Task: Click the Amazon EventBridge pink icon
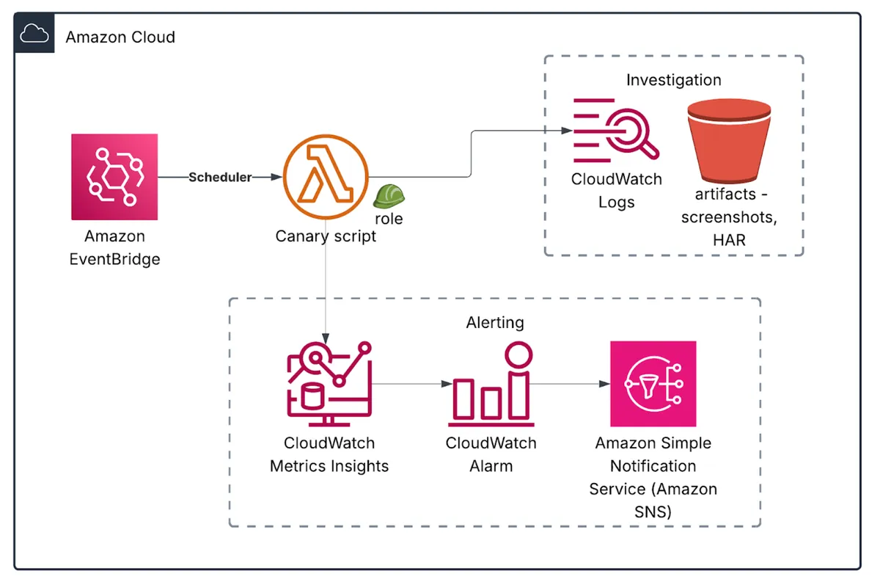pos(114,177)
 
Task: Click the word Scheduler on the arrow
pos(220,178)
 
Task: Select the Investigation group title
pos(673,80)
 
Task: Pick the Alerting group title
pos(495,323)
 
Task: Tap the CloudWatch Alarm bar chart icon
pos(490,385)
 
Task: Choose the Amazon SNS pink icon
pos(653,384)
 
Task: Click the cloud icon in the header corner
pos(34,34)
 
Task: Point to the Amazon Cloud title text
pos(120,37)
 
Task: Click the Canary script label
pos(326,236)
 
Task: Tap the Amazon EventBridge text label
pos(114,247)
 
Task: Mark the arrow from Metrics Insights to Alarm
pos(411,384)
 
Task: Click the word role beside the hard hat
pos(389,219)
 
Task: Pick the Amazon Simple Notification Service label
pos(653,477)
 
